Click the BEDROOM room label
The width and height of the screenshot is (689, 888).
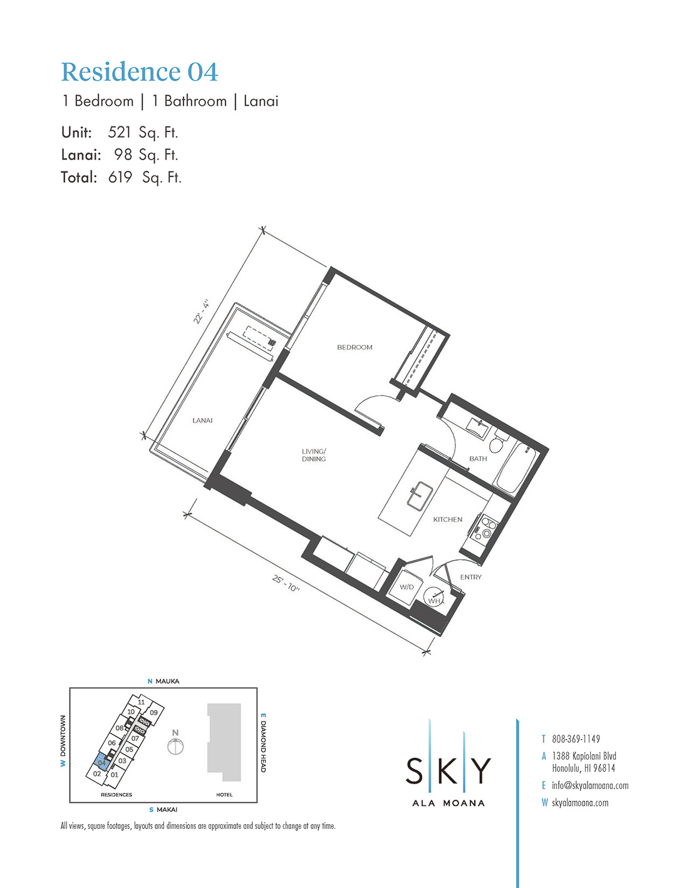pos(355,347)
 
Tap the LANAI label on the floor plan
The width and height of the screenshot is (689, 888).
pos(202,421)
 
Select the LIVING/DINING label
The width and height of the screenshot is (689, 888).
pos(314,455)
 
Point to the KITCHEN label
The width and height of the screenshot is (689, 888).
pos(448,519)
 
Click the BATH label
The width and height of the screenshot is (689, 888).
pos(478,459)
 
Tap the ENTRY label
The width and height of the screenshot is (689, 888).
pos(470,577)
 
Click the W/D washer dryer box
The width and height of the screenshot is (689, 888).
pos(407,587)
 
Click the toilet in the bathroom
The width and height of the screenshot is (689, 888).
pos(497,441)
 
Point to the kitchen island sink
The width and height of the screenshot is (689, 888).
pos(420,496)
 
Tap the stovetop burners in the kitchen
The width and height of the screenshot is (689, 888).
pos(486,527)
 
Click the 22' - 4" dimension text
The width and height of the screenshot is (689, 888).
pos(202,312)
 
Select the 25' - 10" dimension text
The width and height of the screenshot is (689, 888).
pos(286,584)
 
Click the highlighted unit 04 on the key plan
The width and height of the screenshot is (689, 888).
pos(101,762)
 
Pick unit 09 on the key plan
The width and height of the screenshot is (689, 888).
pos(153,713)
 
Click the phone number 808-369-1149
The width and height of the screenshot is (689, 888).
pos(576,739)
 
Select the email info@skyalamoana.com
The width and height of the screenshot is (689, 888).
pos(590,785)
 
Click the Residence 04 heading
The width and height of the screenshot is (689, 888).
pos(140,72)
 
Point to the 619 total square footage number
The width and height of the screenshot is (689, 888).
pos(120,177)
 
